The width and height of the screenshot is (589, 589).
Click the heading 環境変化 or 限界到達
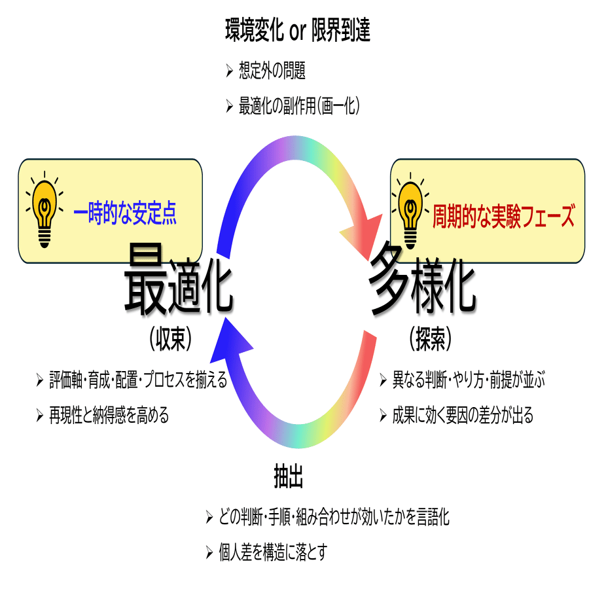point(298,31)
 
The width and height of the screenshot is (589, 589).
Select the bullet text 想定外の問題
point(272,71)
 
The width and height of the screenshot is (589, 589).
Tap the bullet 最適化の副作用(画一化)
point(300,106)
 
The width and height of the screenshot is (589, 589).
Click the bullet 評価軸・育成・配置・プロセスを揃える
point(138,380)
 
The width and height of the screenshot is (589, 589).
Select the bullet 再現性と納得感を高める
point(109,415)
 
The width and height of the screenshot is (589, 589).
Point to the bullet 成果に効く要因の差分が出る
point(463,415)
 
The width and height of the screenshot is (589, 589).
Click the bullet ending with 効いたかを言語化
point(334,518)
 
